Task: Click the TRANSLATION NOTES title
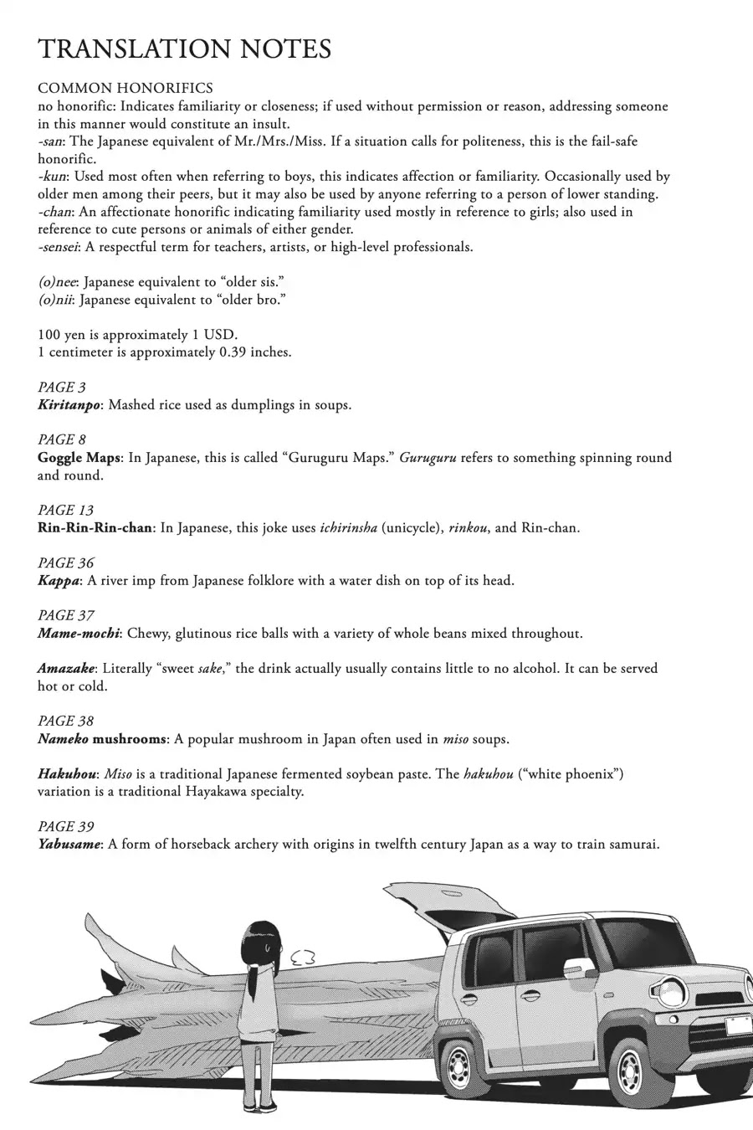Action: [185, 49]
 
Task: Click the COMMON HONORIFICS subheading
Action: [125, 88]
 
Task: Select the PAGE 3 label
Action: [62, 388]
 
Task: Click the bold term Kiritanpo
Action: [69, 405]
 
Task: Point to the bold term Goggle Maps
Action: [79, 458]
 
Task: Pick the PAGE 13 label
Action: [66, 511]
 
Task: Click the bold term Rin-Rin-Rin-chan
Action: [95, 528]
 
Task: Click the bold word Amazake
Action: [66, 669]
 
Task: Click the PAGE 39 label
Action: [66, 827]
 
